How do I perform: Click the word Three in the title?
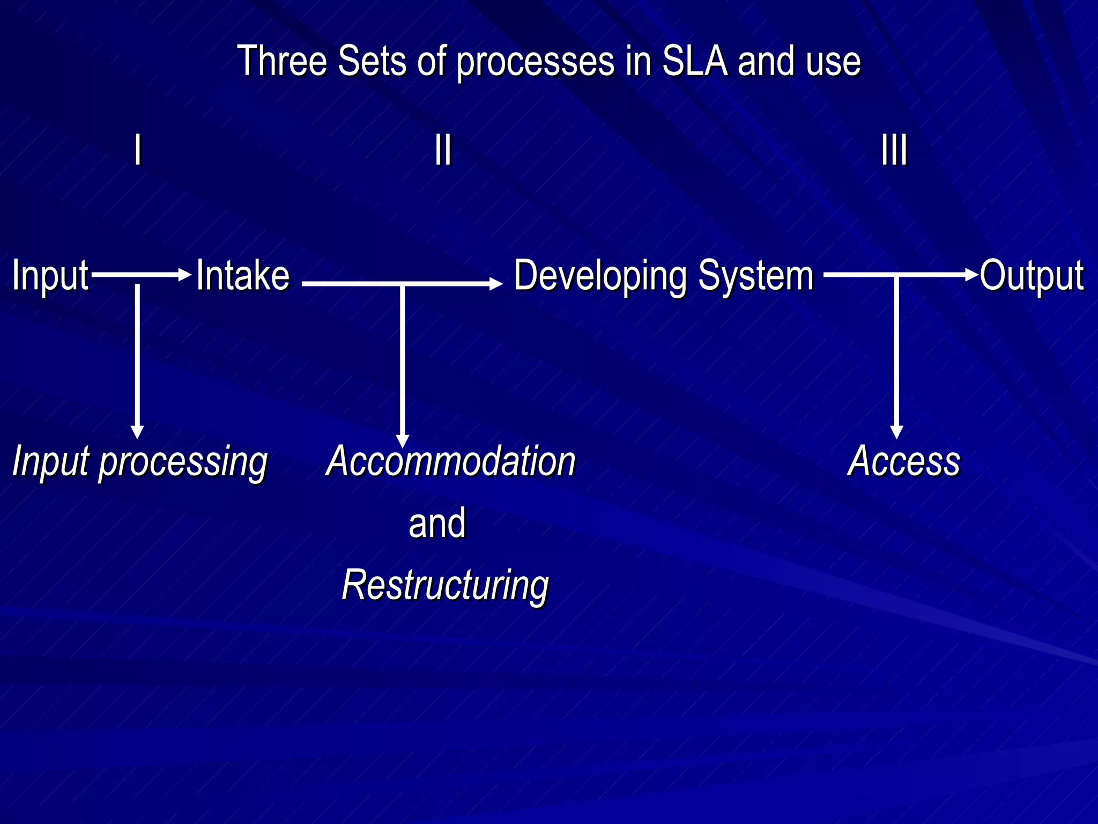click(282, 61)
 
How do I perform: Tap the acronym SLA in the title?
click(695, 61)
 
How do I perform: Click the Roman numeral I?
click(138, 150)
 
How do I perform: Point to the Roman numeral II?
click(443, 150)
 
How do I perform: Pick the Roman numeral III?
click(894, 150)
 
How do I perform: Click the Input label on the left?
click(50, 276)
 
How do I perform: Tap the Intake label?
click(243, 275)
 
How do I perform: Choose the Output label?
click(1032, 276)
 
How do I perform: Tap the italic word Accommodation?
click(451, 461)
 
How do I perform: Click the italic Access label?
click(904, 461)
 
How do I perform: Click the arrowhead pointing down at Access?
click(896, 432)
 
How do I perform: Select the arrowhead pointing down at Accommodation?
click(402, 441)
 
